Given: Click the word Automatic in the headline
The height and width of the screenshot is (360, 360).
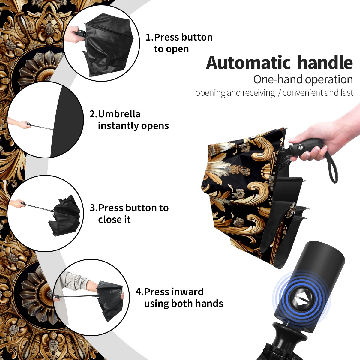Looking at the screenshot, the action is click(248, 63).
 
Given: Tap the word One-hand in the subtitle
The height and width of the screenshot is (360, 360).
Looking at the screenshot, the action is click(278, 79).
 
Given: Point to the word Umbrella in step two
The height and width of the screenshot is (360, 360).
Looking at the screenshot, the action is click(119, 114).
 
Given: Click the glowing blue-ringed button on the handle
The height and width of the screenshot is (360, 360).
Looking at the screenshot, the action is click(301, 301).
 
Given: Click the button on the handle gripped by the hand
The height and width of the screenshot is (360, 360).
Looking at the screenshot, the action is click(301, 147).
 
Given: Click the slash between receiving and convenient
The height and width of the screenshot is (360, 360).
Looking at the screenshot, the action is click(279, 93).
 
